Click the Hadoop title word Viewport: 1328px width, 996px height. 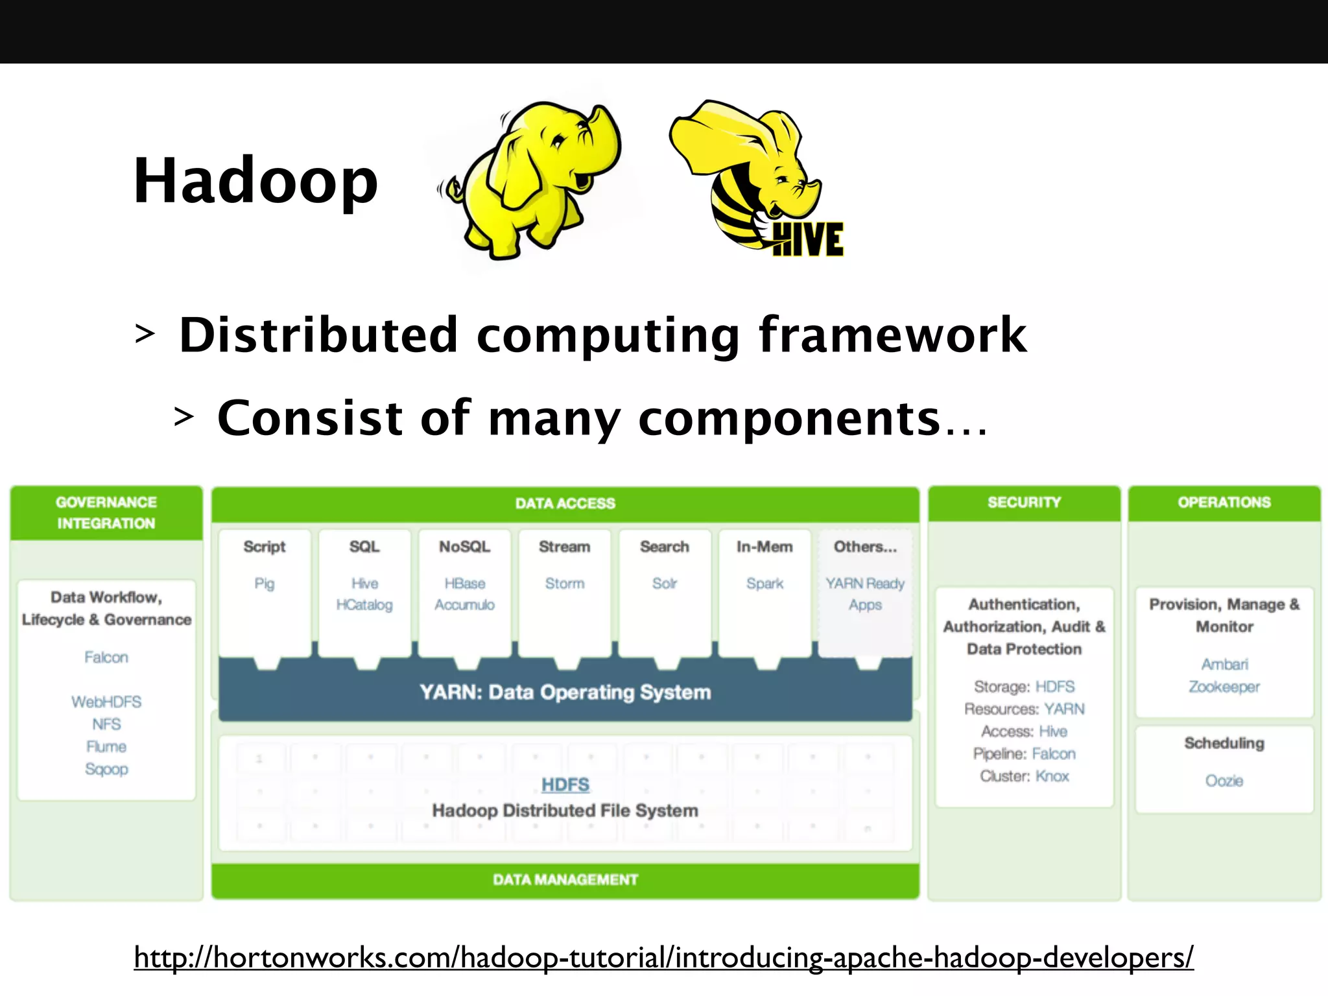tap(255, 181)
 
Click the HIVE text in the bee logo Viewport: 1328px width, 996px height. tap(807, 239)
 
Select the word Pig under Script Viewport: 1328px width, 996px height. tap(264, 583)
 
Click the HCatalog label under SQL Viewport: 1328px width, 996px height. tap(364, 604)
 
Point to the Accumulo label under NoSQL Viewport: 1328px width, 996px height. tap(464, 604)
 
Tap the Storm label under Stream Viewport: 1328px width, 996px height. tap(564, 583)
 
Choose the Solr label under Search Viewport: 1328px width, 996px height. tap(664, 583)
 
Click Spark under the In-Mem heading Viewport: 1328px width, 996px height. tap(765, 583)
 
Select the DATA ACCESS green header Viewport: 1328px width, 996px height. tap(565, 503)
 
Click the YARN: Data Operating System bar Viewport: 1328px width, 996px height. tap(565, 692)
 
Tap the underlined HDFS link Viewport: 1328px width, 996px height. tap(565, 785)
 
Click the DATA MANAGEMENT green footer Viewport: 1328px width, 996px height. tap(565, 879)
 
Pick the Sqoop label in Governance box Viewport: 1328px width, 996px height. tap(106, 768)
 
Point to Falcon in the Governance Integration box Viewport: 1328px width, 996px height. tap(106, 657)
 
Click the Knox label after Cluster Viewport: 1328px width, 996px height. tap(1052, 776)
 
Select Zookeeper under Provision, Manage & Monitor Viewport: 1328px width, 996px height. tap(1224, 686)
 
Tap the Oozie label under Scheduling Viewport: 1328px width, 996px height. tap(1224, 780)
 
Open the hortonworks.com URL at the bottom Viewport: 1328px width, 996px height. tap(663, 957)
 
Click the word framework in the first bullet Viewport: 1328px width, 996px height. tap(892, 335)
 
